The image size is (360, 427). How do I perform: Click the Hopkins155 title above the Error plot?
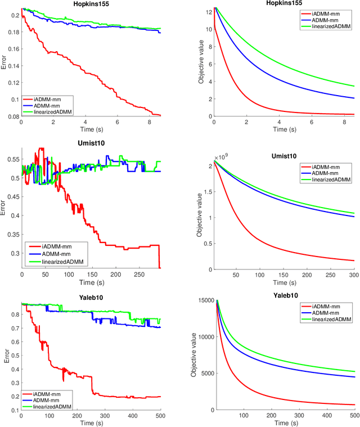click(91, 4)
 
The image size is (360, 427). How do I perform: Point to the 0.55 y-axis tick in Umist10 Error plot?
click(11, 160)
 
